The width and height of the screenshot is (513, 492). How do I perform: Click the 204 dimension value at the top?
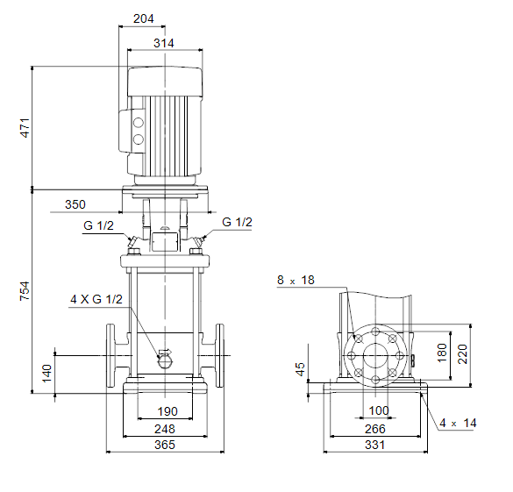[x=143, y=18]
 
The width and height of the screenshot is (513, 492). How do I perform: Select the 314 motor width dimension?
[x=164, y=43]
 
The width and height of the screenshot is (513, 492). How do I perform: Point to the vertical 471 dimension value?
[x=25, y=128]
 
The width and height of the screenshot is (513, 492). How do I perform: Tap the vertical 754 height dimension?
[x=25, y=291]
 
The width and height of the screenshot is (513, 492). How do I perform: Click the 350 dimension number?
[x=75, y=204]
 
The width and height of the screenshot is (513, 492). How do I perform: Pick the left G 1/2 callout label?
[x=98, y=225]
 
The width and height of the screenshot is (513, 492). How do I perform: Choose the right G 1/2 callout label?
[x=237, y=222]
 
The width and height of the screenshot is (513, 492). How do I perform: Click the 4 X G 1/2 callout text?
[x=96, y=299]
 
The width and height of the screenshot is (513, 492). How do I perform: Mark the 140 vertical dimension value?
[x=46, y=374]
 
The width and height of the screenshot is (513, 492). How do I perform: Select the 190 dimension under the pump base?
[x=167, y=411]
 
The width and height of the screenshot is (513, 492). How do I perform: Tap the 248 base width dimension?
[x=165, y=429]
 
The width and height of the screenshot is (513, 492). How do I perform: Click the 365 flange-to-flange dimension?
[x=165, y=445]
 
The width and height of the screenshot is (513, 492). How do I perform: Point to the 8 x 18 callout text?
[x=296, y=280]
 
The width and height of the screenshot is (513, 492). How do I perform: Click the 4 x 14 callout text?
[x=458, y=423]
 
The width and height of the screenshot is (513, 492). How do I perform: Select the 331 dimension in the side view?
[x=375, y=445]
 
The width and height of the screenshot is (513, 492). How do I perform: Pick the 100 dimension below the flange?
[x=379, y=410]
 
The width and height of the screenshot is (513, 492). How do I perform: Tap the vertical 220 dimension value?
[x=463, y=354]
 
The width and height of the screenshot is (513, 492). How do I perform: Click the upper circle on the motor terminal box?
[x=139, y=123]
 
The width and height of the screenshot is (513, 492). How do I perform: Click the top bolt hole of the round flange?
[x=375, y=332]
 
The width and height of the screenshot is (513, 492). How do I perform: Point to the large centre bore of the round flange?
[x=375, y=355]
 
